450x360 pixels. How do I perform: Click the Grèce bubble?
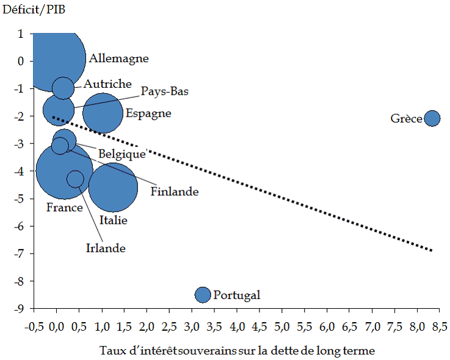tap(432, 118)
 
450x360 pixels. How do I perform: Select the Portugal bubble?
tap(203, 295)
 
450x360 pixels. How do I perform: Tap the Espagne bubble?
tap(103, 113)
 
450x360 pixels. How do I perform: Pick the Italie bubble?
tap(114, 187)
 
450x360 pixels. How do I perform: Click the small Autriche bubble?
tap(64, 87)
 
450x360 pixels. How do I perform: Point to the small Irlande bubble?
tap(75, 179)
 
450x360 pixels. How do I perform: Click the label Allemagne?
tap(118, 59)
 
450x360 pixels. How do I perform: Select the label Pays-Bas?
tap(165, 92)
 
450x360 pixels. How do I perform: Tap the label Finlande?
tap(175, 192)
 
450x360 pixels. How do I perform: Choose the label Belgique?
tap(122, 154)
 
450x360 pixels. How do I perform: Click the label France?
tap(64, 207)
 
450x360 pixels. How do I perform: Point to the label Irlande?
tap(105, 248)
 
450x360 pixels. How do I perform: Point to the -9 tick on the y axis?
tap(20, 308)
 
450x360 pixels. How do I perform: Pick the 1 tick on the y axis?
tap(21, 34)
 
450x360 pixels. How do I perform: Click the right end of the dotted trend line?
tap(432, 250)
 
